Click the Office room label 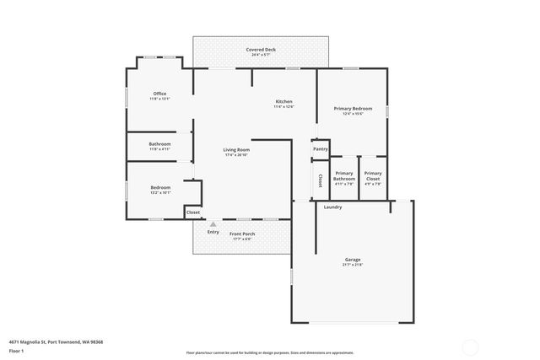[159, 94]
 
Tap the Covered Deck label [261, 50]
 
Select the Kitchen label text [283, 101]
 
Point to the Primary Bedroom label [353, 109]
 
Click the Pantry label [321, 149]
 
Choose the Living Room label [237, 150]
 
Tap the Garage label [353, 259]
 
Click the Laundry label [332, 207]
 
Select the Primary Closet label [373, 175]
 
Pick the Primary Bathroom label [344, 175]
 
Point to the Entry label [213, 232]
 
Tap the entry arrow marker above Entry [213, 224]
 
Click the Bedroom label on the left [160, 187]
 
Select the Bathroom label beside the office [160, 144]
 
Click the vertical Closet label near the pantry [321, 180]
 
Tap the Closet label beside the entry [193, 212]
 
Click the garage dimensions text [353, 265]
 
